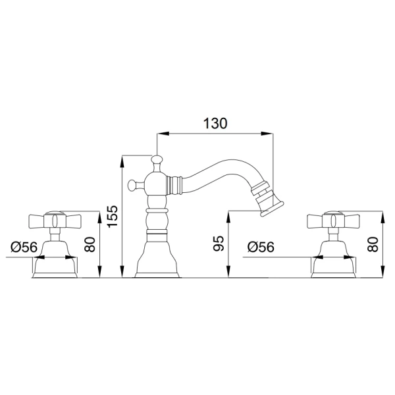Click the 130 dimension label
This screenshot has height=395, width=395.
[215, 124]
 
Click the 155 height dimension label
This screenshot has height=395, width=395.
[113, 217]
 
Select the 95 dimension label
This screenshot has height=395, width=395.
[218, 244]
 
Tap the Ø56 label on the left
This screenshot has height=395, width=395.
[24, 247]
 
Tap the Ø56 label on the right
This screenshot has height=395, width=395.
[261, 247]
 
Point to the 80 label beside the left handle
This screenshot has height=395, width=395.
[90, 244]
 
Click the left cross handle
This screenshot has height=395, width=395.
[55, 221]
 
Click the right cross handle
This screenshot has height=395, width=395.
[333, 221]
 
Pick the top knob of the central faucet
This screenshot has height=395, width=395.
[157, 160]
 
